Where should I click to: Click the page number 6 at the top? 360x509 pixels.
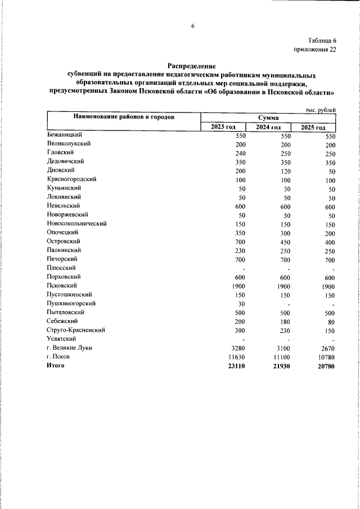(x=192, y=26)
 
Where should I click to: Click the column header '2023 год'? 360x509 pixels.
(x=224, y=127)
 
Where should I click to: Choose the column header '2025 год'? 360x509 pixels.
(x=314, y=128)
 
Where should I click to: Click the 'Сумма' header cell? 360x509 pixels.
(x=269, y=117)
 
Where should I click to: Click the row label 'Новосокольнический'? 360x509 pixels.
(x=77, y=223)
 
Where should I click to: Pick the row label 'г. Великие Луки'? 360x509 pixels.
(x=70, y=348)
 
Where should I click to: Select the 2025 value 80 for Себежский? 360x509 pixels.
(x=330, y=322)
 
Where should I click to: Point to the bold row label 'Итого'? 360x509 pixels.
(x=56, y=366)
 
